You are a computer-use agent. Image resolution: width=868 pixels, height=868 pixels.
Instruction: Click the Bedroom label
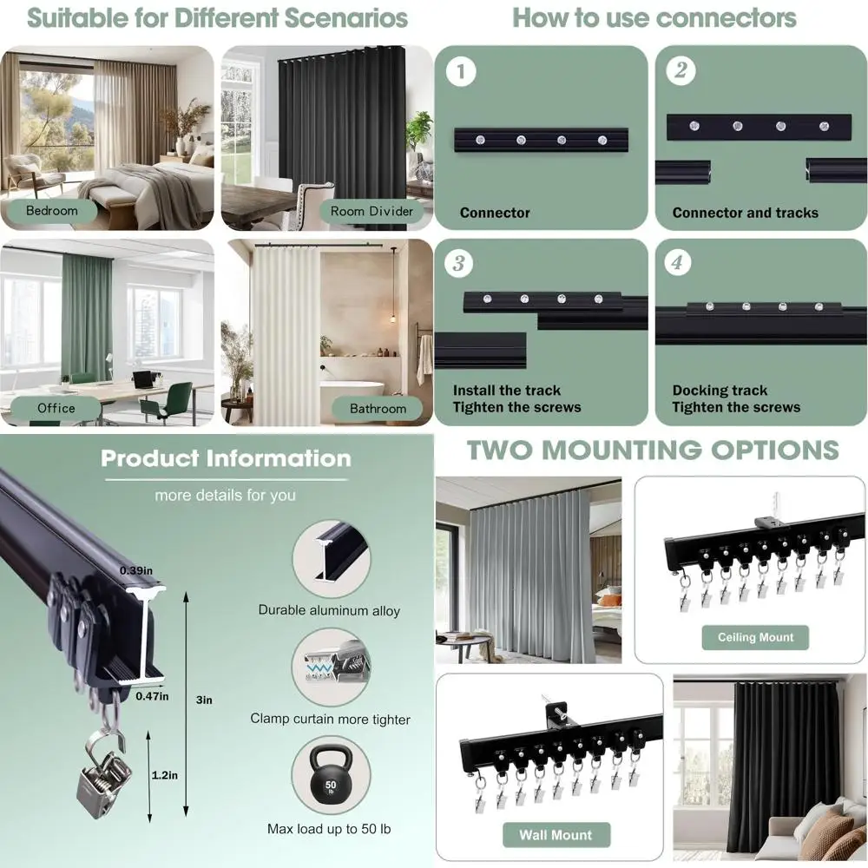[x=51, y=211]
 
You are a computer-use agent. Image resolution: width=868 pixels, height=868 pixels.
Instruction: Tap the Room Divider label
[x=372, y=211]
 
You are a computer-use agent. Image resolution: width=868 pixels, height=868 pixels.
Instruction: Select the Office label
[x=56, y=408]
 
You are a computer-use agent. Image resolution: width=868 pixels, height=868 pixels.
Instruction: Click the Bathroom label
[x=378, y=408]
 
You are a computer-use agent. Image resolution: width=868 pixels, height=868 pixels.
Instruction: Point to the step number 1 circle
[x=461, y=72]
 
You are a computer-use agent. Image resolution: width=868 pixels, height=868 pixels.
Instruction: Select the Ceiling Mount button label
[x=755, y=637]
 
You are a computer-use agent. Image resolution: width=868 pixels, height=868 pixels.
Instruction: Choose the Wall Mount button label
[x=556, y=835]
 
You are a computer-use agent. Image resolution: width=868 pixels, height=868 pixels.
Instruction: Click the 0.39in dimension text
[x=136, y=571]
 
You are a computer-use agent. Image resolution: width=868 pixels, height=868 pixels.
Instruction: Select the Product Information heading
[x=226, y=458]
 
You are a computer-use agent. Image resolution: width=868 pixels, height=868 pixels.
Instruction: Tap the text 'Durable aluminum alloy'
[x=329, y=610]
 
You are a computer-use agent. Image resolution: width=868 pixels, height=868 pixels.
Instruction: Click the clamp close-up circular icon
[x=329, y=667]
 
